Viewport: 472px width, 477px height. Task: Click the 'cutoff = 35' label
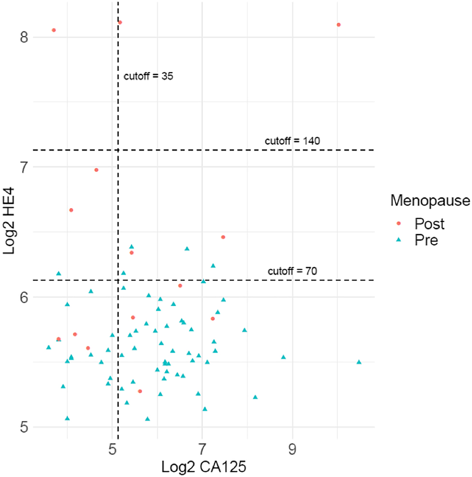(x=149, y=76)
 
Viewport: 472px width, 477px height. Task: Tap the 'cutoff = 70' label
(x=292, y=271)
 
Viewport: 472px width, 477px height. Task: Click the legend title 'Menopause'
(x=430, y=200)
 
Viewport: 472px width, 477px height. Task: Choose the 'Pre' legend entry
(x=426, y=240)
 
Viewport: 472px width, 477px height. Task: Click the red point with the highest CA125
(x=339, y=25)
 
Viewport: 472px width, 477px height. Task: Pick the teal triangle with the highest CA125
(x=359, y=362)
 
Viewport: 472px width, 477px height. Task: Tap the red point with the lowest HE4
(x=140, y=391)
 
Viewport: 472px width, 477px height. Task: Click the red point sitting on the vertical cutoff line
(x=120, y=22)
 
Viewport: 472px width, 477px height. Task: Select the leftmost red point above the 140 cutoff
(x=54, y=30)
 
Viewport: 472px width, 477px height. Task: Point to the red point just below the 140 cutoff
(x=96, y=170)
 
